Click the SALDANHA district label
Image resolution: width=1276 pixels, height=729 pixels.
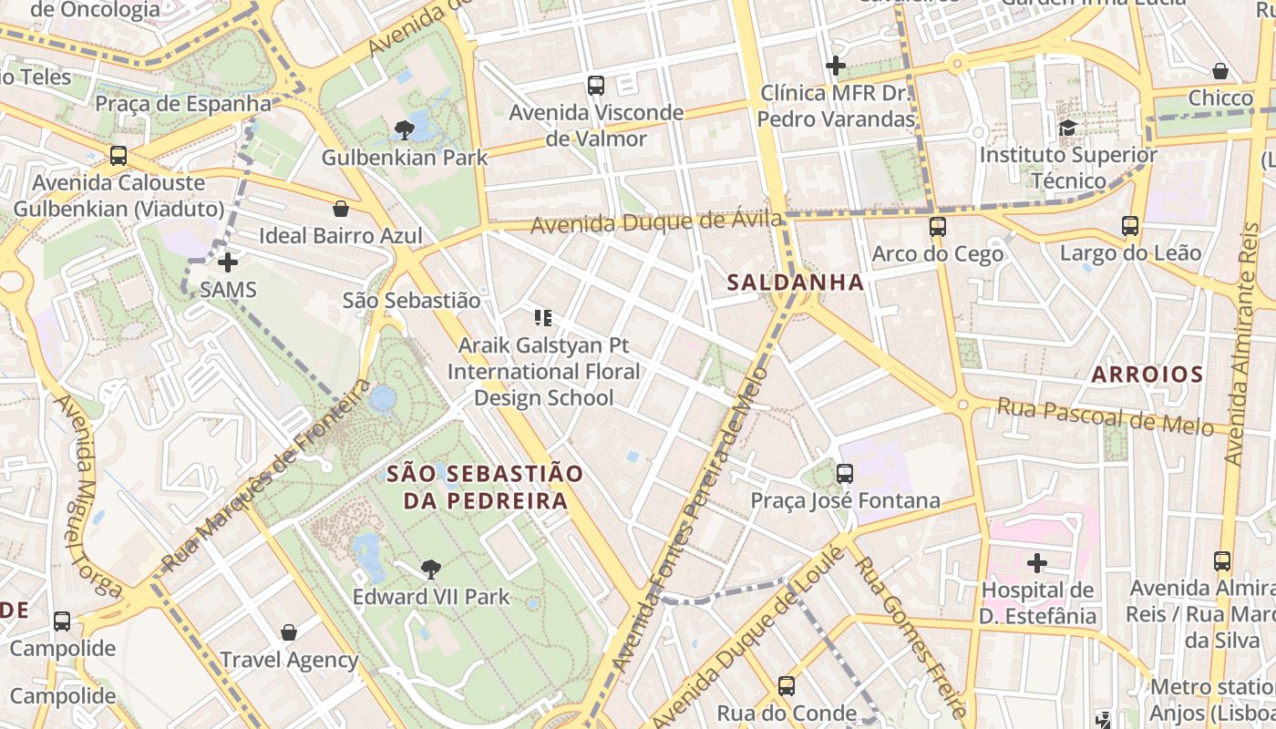coord(796,282)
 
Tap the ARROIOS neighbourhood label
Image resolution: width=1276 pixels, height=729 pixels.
coord(1147,375)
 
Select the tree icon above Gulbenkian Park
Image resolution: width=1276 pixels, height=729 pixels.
coord(404,130)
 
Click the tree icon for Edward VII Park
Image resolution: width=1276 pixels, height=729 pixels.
coord(430,570)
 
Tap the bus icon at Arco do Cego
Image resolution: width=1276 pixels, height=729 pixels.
coord(937,227)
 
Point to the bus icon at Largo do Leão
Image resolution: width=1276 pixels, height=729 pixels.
coord(1130,226)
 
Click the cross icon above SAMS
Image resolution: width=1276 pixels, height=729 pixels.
coord(228,263)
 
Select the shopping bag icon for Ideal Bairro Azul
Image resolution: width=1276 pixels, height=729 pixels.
coord(341,209)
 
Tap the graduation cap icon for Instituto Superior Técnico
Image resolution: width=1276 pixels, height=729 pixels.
coord(1067,128)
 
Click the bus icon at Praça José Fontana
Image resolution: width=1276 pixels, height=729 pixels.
coord(845,474)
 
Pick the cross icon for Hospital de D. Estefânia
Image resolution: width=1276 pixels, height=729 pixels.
coord(1036,563)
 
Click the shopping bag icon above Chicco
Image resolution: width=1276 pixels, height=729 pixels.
coord(1220,71)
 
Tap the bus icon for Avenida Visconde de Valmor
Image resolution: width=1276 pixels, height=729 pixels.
coord(596,86)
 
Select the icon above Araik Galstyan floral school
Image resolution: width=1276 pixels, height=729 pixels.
coord(543,318)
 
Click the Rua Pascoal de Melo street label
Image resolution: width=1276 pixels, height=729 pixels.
coord(1105,416)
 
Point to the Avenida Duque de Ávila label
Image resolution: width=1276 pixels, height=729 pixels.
coord(656,222)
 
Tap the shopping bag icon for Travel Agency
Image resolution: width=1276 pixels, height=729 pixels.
coord(289,632)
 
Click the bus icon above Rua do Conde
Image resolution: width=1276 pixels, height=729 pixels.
coord(786,686)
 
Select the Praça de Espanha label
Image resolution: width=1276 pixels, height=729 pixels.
coord(183,104)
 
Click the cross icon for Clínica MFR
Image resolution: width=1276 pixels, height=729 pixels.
coord(836,66)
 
